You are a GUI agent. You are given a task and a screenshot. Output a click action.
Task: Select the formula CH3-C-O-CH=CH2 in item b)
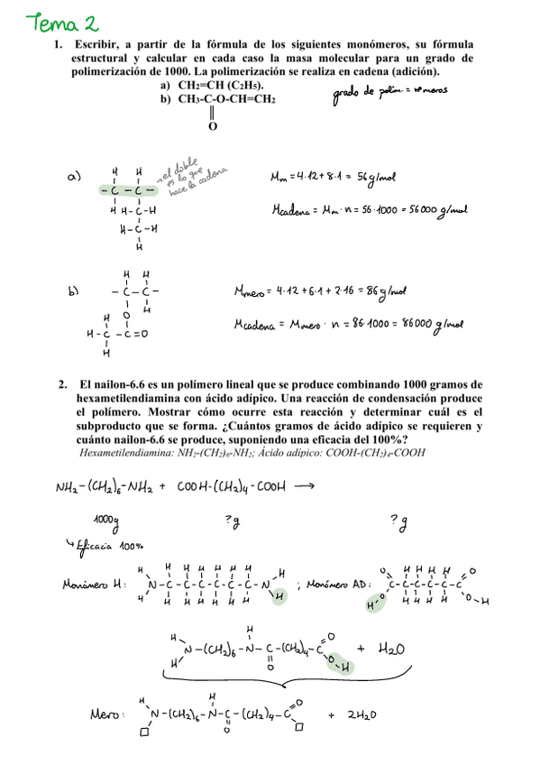coord(226,99)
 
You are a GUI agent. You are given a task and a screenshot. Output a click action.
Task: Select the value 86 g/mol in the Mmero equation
coord(389,292)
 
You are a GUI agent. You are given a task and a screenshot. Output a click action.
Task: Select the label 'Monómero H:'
coord(96,585)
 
